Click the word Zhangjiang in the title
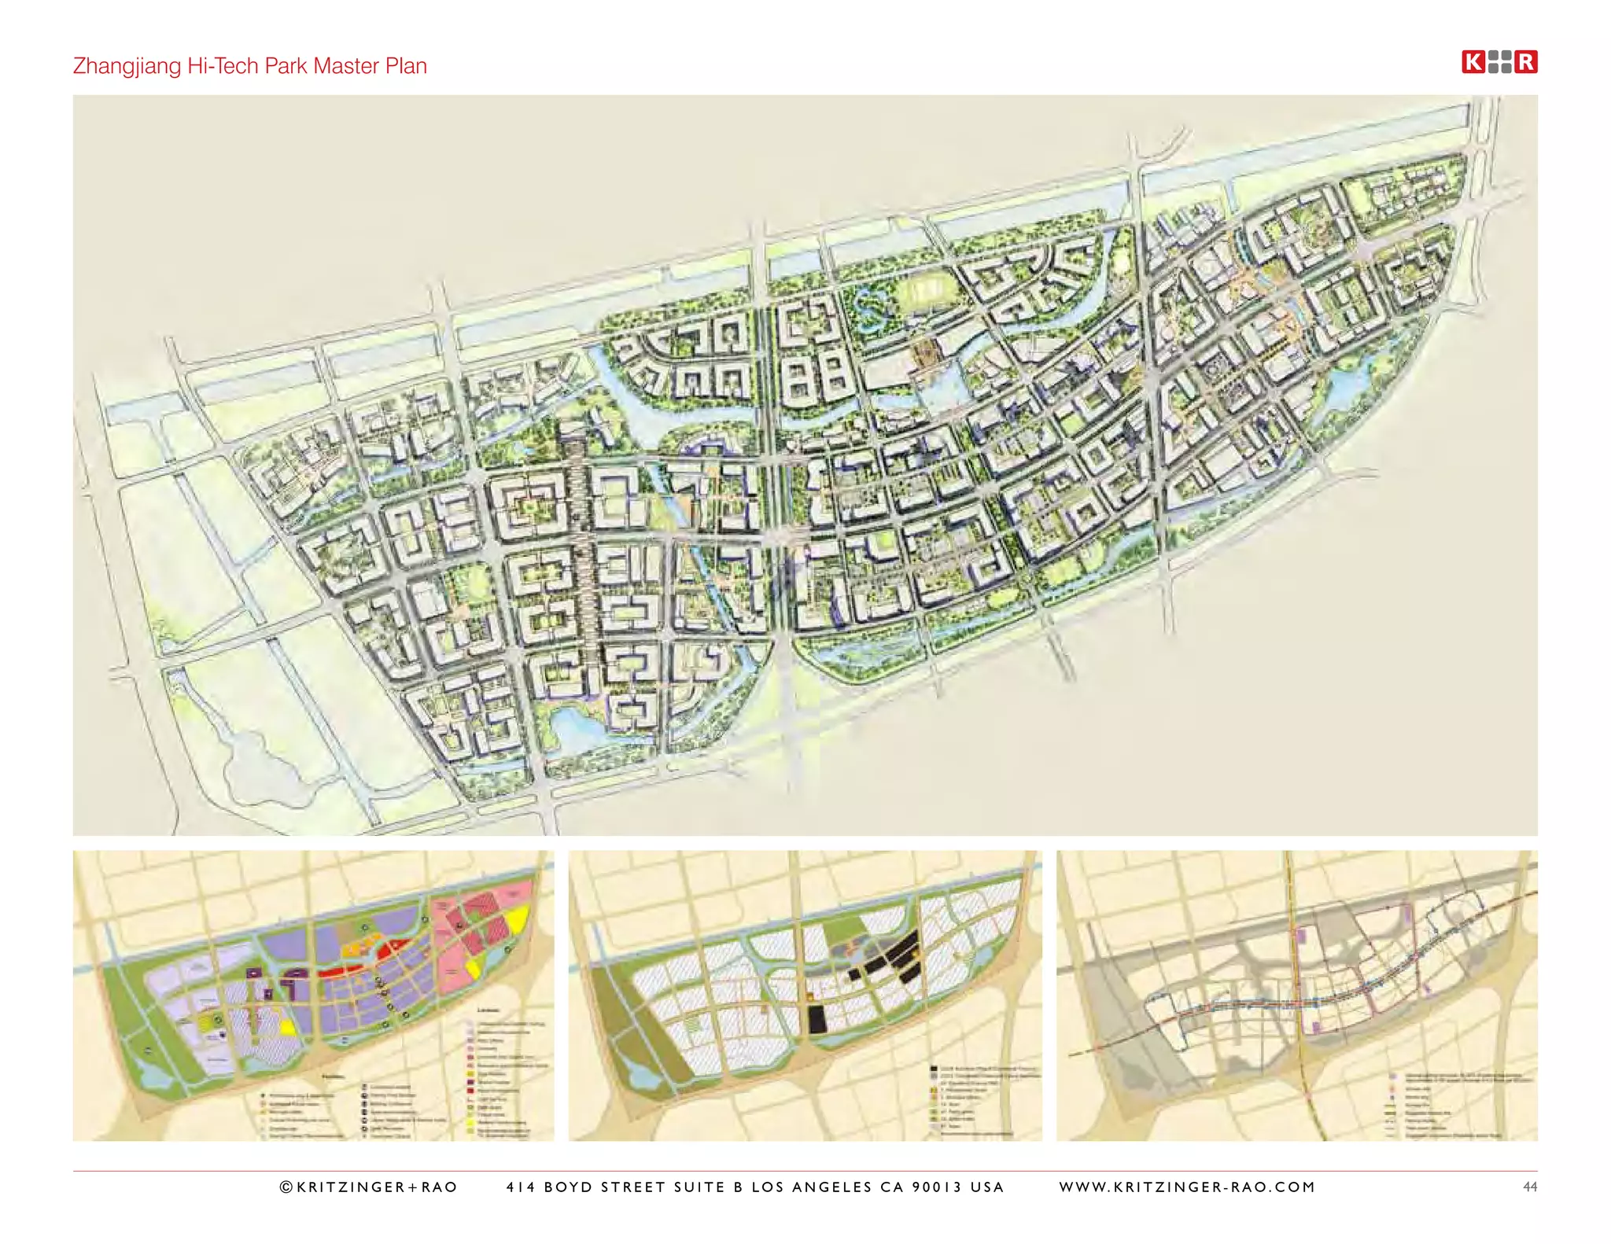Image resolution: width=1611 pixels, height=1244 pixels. pos(127,66)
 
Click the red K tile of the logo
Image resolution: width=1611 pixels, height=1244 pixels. pos(1473,62)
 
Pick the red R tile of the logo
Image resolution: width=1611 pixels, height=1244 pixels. pos(1526,62)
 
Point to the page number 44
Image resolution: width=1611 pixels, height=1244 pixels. pos(1529,1187)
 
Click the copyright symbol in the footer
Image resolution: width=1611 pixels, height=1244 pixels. pos(286,1187)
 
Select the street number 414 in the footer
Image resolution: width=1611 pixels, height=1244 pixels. pos(520,1187)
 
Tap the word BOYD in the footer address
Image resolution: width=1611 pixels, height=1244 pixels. pos(569,1187)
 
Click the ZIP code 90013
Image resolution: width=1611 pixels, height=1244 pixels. pos(936,1187)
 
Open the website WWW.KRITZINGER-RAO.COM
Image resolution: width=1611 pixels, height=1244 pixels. pos(1187,1187)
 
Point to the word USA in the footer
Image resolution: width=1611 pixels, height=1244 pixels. pos(987,1187)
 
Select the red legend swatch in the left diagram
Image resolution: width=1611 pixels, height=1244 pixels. pos(471,1091)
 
